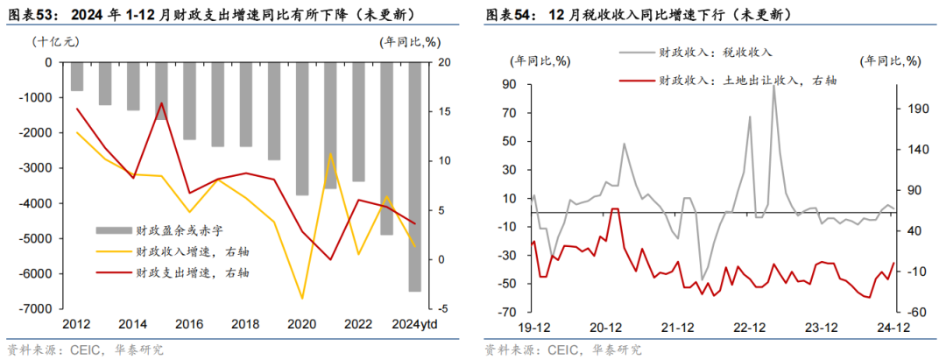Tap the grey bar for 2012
77,76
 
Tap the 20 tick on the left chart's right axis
444,63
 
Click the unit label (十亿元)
55,41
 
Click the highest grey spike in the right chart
774,86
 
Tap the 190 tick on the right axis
914,109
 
